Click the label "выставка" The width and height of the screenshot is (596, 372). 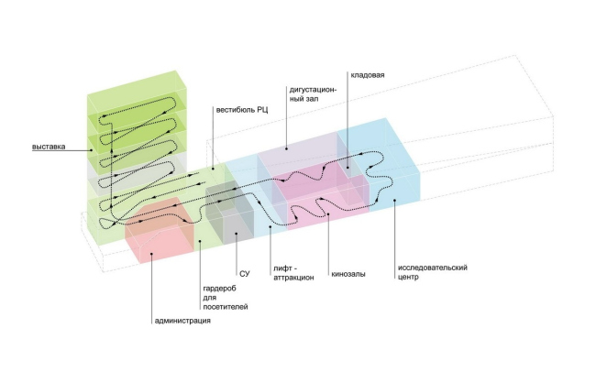[x=48, y=146]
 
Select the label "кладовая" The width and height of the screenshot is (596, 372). [x=367, y=75]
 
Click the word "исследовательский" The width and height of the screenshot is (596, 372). [x=433, y=268]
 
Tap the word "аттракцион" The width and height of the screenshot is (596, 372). [x=293, y=276]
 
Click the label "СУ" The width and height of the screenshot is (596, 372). [x=244, y=272]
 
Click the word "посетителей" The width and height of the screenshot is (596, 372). [x=225, y=307]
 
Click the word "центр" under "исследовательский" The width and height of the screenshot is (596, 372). [x=409, y=278]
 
